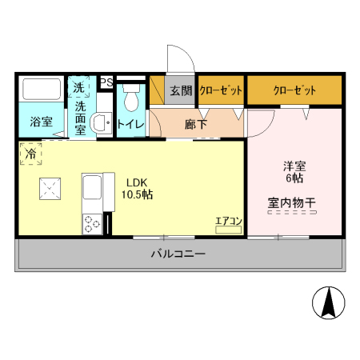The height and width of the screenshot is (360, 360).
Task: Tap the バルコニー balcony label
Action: click(x=178, y=254)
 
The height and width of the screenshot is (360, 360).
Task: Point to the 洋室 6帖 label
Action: click(x=294, y=173)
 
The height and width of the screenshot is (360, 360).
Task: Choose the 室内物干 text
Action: click(x=291, y=203)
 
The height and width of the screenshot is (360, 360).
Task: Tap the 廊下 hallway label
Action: click(x=195, y=124)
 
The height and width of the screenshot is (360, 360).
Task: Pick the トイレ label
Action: click(x=130, y=124)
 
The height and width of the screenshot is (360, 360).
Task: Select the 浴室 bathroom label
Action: click(x=41, y=122)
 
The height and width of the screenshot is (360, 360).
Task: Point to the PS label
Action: click(x=106, y=81)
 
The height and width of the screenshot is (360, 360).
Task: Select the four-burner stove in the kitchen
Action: click(x=91, y=224)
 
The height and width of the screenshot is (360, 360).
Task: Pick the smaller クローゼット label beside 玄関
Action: click(x=221, y=90)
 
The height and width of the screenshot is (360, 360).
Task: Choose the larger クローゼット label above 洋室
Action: click(x=294, y=90)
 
